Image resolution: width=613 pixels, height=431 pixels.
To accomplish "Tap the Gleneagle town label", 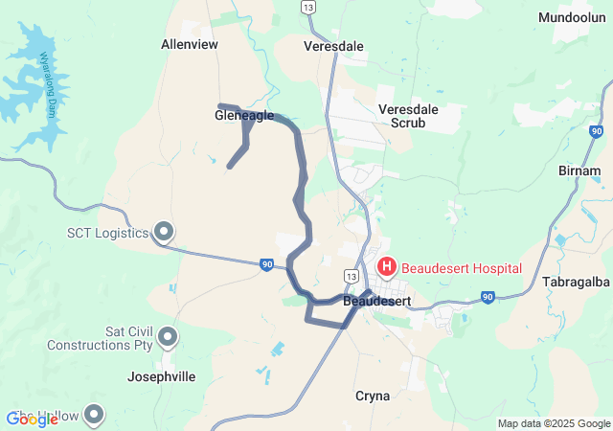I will tap(244, 116).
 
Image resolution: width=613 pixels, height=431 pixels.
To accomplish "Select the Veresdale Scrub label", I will tap(408, 116).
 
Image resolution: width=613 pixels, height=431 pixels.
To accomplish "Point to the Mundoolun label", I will tap(572, 18).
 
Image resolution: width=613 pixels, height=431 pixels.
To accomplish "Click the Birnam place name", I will tap(579, 170).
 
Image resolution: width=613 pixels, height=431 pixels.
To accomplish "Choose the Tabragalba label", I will tap(576, 282).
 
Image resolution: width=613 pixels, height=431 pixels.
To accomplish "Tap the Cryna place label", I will tap(373, 396).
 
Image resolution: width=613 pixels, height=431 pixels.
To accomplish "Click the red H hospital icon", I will tap(387, 267).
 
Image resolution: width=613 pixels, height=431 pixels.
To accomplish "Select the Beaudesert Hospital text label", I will tap(462, 268).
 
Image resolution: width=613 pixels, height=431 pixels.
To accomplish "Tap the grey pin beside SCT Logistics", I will tap(164, 231).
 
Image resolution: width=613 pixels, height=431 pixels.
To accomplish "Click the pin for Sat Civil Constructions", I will tap(168, 336).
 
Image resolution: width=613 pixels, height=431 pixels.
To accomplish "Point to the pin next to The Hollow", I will tap(94, 415).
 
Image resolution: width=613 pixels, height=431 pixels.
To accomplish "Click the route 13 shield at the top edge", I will tap(307, 7).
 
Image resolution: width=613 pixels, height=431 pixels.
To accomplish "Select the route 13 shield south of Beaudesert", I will tap(353, 329).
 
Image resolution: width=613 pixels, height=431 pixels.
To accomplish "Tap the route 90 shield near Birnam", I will tap(596, 131).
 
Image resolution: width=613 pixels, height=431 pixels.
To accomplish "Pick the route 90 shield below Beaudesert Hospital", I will tap(488, 298).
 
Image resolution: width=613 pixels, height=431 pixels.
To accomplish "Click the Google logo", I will tap(33, 419).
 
